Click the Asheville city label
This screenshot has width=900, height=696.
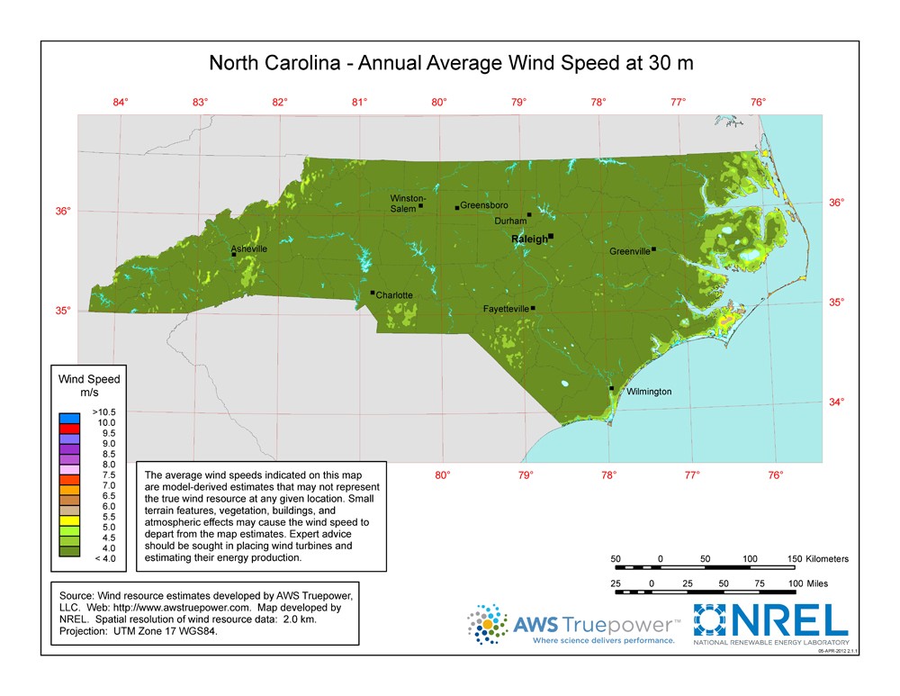click(248, 248)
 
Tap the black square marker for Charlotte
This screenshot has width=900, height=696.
click(373, 292)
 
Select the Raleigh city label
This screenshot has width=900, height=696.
click(529, 239)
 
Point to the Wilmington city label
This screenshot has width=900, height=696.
click(649, 392)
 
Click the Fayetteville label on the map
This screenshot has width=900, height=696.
click(506, 309)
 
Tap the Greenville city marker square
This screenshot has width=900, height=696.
click(654, 249)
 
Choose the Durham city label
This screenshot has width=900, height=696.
click(510, 221)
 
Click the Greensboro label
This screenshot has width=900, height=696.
click(484, 205)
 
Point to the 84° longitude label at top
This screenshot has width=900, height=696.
click(121, 102)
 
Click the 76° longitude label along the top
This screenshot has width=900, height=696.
click(758, 102)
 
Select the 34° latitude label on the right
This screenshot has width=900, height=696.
click(837, 402)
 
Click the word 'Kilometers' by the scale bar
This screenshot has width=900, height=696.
click(827, 559)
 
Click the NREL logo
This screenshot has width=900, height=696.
click(770, 622)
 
